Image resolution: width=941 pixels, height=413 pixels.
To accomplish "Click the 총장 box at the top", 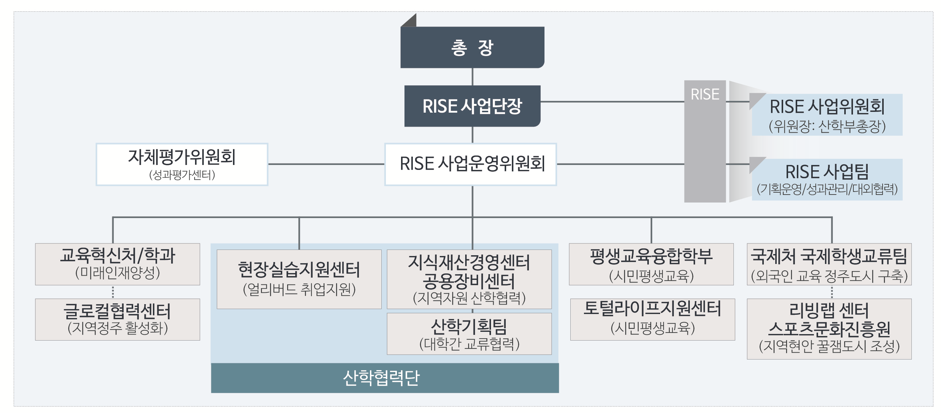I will (472, 47).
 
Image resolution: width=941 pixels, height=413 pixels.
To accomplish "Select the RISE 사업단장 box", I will (472, 106).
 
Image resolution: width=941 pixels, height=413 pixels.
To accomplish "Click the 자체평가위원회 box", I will (182, 164).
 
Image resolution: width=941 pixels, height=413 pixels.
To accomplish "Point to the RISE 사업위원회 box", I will (827, 115).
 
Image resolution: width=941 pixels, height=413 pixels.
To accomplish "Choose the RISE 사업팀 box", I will (827, 179).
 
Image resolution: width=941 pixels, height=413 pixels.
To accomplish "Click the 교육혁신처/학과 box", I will (117, 264).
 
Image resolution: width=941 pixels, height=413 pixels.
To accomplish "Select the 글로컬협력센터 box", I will (117, 319).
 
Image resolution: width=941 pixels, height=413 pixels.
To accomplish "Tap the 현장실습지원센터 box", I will (299, 279).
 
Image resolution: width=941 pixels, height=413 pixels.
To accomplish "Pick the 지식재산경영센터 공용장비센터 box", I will (469, 279).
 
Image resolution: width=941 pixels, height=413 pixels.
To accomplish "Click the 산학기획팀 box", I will (469, 334).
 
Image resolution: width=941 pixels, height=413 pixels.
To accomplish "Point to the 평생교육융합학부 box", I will (651, 264).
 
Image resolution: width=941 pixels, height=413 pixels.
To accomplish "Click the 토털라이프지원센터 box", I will (652, 319).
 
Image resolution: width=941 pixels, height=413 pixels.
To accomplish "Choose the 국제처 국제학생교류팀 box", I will (829, 264).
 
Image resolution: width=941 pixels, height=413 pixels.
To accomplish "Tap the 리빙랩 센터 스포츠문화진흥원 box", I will (829, 329).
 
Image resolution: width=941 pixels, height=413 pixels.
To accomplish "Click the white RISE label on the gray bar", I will (705, 94).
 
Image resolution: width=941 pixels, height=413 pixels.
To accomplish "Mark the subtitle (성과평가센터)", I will (182, 175).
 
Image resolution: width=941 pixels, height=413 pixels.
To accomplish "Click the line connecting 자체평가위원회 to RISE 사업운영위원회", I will (326, 164).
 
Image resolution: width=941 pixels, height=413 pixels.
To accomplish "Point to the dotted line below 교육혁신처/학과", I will (113, 292).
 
